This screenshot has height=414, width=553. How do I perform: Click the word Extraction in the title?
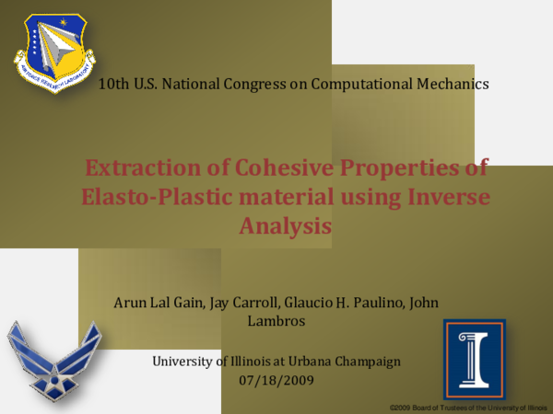pyautogui.click(x=130, y=168)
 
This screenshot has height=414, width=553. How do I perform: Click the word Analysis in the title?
pyautogui.click(x=284, y=224)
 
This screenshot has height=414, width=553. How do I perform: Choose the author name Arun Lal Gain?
pyautogui.click(x=153, y=303)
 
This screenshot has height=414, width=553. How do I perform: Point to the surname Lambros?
pyautogui.click(x=284, y=321)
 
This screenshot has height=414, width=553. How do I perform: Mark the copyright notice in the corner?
pyautogui.click(x=468, y=406)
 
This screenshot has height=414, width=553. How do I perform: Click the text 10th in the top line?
pyautogui.click(x=114, y=84)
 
